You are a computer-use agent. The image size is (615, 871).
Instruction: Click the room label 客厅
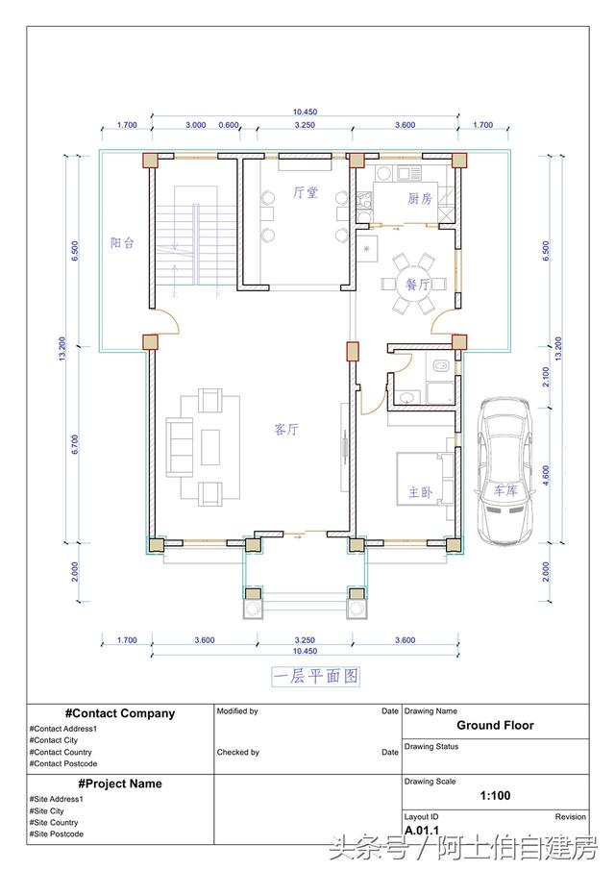[286, 431]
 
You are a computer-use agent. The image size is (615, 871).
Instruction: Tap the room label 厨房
[420, 198]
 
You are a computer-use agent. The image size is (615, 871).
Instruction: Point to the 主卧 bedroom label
[420, 492]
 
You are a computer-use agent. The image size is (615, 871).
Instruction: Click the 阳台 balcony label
[122, 243]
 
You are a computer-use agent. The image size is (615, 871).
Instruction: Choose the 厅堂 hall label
[306, 192]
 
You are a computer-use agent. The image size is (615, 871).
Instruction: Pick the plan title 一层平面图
[315, 677]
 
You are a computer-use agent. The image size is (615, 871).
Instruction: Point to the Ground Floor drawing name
[495, 726]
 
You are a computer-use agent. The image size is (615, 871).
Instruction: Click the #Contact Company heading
[120, 713]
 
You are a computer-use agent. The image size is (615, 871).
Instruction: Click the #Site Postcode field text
[57, 834]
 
